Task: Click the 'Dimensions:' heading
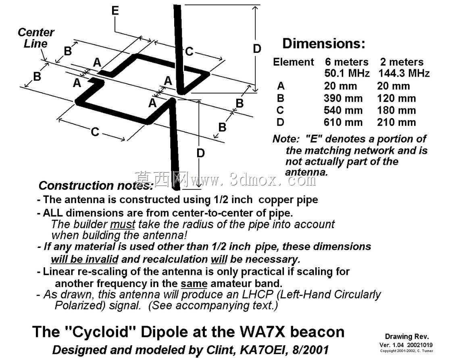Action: click(324, 44)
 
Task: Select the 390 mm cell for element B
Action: click(343, 98)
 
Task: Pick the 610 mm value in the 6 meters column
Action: click(343, 122)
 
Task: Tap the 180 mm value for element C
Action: click(396, 110)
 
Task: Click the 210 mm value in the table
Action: click(396, 122)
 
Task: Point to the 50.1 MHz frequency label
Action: click(347, 73)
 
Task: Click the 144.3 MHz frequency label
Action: click(404, 73)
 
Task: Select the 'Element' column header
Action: click(293, 62)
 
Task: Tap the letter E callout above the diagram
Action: click(115, 10)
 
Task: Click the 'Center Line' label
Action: click(36, 38)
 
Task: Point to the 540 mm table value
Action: click(343, 110)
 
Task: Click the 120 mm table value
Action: click(396, 98)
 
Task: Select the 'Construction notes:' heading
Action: click(96, 185)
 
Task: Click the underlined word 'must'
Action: click(123, 224)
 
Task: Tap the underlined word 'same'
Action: click(194, 284)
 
